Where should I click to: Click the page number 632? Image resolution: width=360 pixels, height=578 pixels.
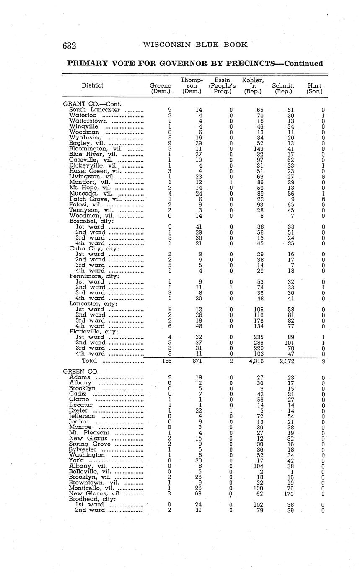pyautogui.click(x=69, y=45)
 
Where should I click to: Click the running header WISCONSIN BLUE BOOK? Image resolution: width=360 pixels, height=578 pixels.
pyautogui.click(x=195, y=45)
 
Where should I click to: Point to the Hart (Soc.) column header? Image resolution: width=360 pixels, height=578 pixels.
pyautogui.click(x=314, y=88)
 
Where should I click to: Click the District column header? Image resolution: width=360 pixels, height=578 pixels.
pyautogui.click(x=92, y=85)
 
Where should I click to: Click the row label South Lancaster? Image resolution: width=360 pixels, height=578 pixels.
pyautogui.click(x=94, y=110)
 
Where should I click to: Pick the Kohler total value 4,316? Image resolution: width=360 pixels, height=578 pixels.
pyautogui.click(x=254, y=361)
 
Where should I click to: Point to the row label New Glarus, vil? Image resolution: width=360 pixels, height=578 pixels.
pyautogui.click(x=95, y=493)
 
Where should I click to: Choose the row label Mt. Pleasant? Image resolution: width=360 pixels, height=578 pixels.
pyautogui.click(x=89, y=433)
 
